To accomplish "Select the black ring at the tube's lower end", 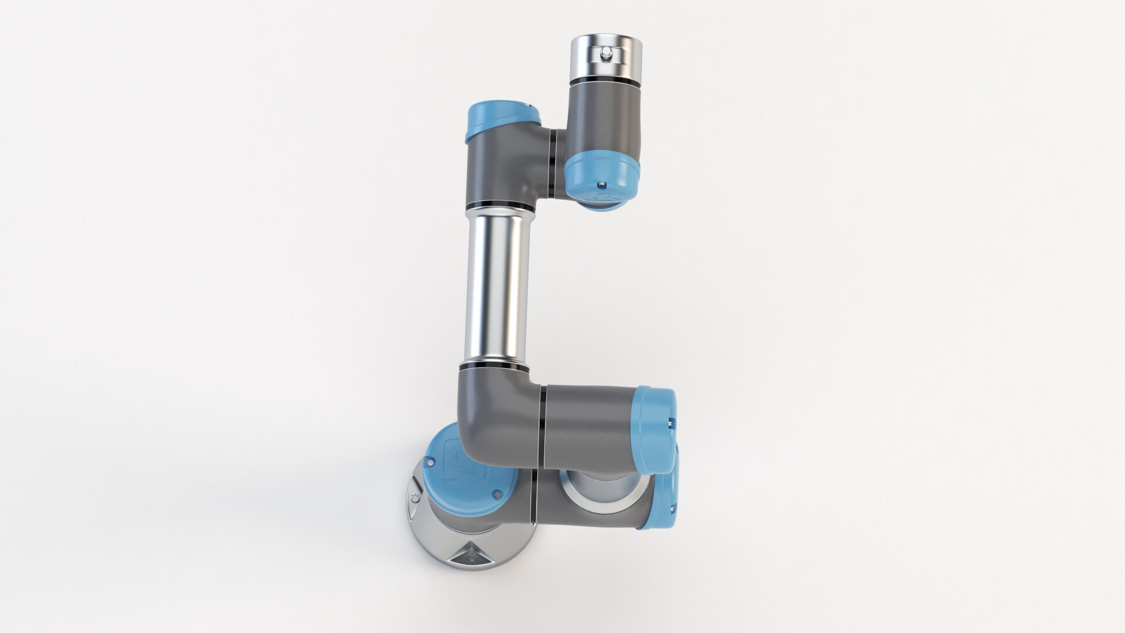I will coord(494,366).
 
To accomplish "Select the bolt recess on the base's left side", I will coord(415,496).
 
